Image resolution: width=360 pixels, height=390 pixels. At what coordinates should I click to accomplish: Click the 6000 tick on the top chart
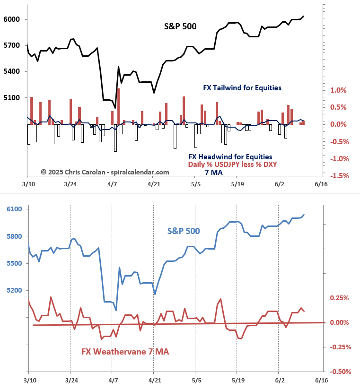(11, 19)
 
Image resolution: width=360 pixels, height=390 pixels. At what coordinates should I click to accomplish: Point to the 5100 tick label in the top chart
(11, 98)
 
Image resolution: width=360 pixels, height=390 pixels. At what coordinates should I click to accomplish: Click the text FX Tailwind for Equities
(242, 87)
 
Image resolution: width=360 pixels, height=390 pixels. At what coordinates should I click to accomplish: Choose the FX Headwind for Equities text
(230, 157)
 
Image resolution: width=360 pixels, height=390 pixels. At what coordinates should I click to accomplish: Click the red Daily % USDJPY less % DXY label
(232, 165)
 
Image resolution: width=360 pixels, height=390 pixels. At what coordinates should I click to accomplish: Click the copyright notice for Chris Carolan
(105, 173)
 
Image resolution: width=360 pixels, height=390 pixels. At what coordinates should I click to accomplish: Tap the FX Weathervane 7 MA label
(125, 352)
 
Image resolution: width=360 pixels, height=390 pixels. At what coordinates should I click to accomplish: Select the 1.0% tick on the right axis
(338, 90)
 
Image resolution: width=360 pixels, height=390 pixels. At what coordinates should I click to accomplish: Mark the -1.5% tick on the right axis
(338, 176)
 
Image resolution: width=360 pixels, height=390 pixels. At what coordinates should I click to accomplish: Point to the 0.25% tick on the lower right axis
(340, 298)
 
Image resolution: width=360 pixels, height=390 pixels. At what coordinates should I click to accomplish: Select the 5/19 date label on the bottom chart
(238, 380)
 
